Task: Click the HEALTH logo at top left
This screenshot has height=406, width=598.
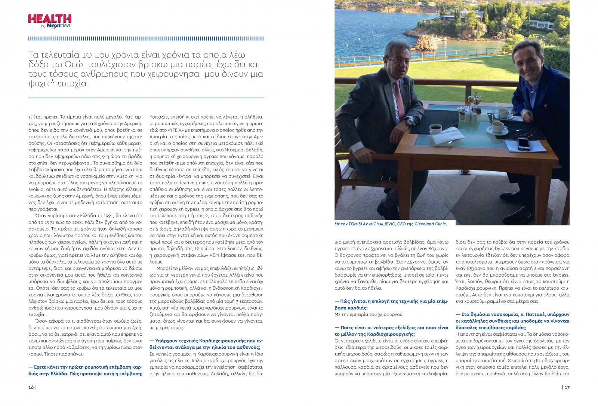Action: (x=50, y=19)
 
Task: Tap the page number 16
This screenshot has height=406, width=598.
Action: (x=31, y=387)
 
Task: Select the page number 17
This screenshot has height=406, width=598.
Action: (x=567, y=387)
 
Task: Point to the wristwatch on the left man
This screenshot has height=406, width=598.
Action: (x=410, y=122)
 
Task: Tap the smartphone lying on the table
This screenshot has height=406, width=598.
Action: (x=523, y=144)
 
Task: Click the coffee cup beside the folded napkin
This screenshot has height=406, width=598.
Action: (x=435, y=129)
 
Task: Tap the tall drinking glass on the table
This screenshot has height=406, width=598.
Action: (x=496, y=111)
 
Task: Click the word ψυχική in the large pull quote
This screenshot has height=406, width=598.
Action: (x=41, y=84)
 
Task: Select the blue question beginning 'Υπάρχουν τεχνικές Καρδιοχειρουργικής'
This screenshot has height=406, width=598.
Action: (x=206, y=344)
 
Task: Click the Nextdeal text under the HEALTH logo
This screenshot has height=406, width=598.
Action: (x=59, y=26)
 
